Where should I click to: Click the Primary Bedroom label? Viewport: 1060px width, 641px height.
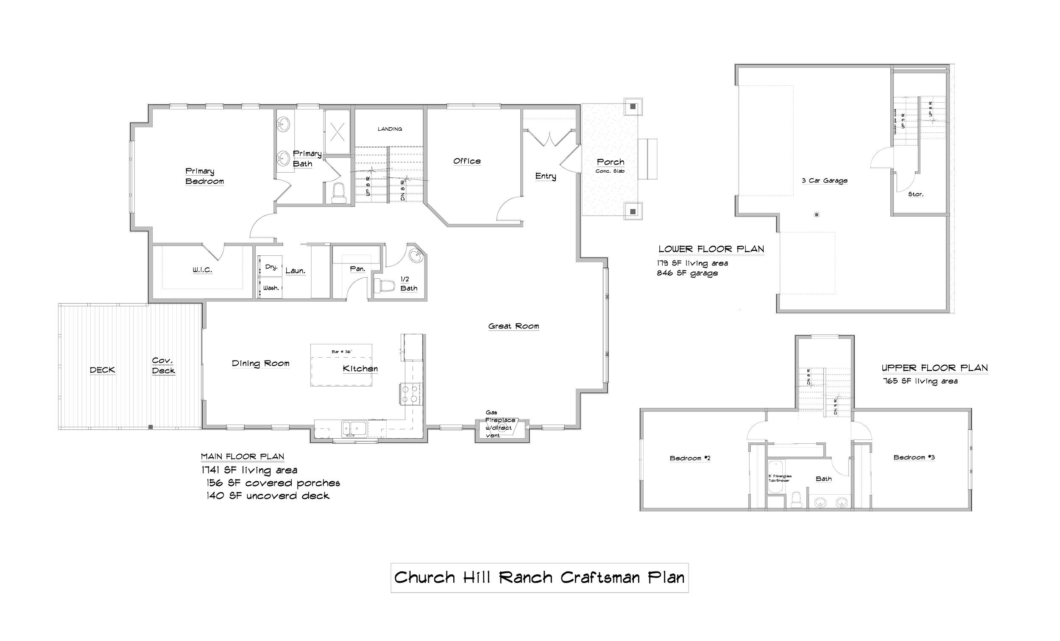[x=204, y=176]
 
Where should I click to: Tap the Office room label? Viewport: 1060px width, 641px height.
[x=467, y=162]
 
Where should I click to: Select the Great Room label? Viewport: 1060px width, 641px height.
[x=513, y=327]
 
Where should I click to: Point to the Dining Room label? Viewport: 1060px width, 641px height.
[x=260, y=364]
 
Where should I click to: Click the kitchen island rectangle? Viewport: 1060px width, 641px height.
[x=342, y=364]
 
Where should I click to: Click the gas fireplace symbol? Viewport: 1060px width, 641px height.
[x=502, y=428]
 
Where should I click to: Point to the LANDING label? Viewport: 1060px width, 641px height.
[x=390, y=129]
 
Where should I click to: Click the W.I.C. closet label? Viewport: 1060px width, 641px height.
[x=202, y=271]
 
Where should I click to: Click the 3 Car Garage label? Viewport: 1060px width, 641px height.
[x=825, y=181]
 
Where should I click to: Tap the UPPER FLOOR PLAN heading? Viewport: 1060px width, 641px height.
[x=934, y=368]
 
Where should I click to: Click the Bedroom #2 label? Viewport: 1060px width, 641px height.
[x=689, y=458]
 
